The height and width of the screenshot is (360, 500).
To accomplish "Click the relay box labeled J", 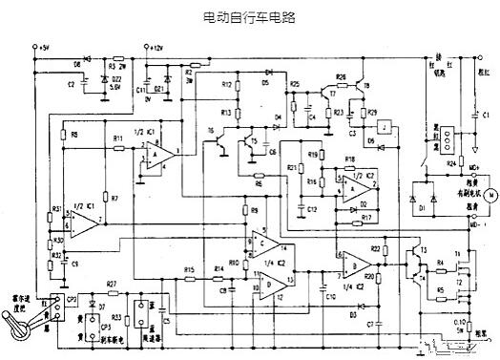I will tap(382, 127).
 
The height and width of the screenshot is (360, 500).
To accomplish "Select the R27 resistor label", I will tap(112, 284).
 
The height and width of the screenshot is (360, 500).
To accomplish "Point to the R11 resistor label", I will tap(118, 140).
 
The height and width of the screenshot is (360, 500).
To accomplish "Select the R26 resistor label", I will tap(341, 75).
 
